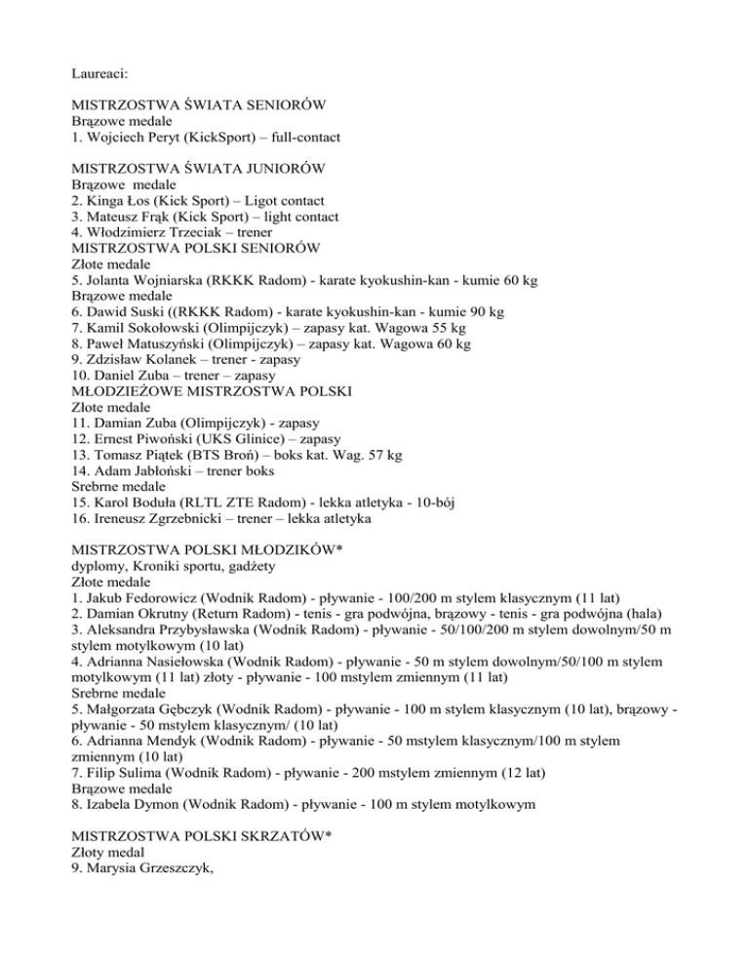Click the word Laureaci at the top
[102, 70]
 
